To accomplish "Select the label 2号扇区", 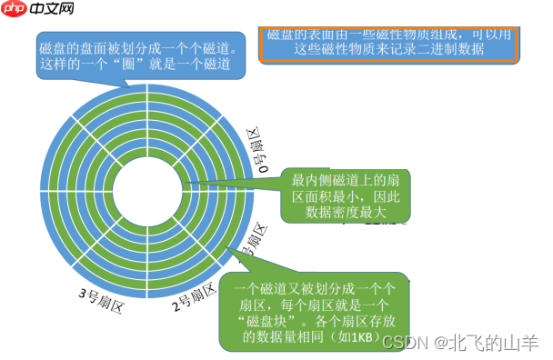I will [193, 297].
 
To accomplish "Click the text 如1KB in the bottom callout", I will [356, 337].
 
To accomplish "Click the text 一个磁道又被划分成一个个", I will [310, 288].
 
